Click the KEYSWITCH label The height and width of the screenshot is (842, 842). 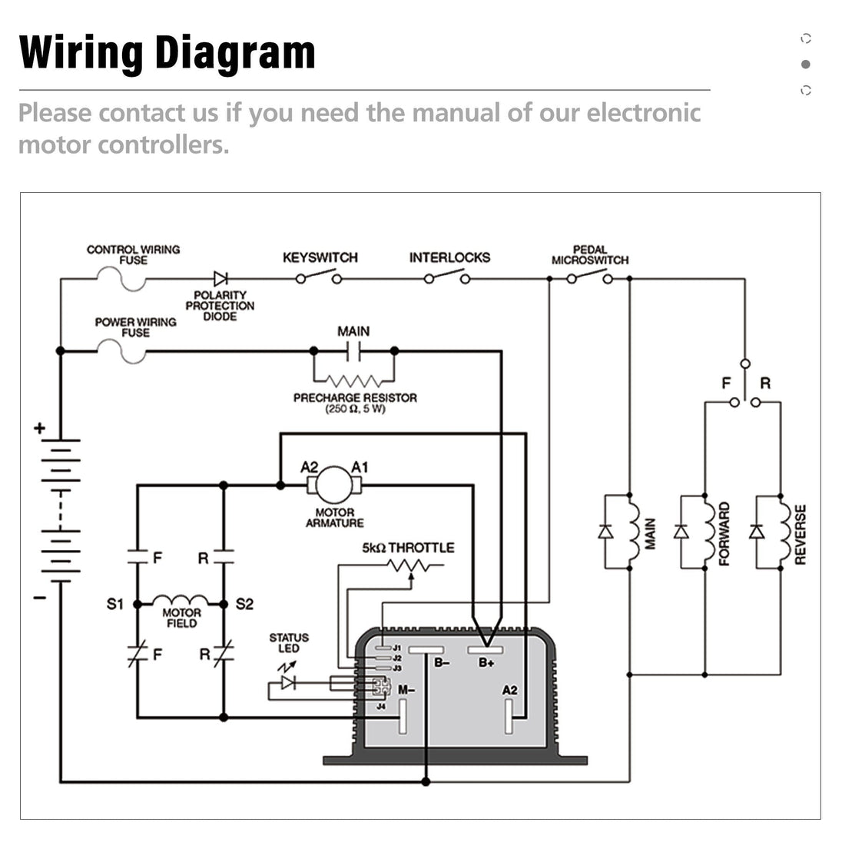320,257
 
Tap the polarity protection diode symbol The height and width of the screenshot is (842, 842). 221,278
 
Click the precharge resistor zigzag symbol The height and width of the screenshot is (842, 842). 353,380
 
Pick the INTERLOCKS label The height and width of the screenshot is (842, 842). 449,257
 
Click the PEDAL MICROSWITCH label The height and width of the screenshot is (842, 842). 589,255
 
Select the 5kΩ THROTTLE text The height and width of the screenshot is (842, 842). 408,548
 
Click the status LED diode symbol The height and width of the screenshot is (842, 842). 289,681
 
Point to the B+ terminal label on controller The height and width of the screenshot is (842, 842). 486,662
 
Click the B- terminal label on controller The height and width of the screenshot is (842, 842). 442,662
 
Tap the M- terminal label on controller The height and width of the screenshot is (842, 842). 406,689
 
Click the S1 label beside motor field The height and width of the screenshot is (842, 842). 115,605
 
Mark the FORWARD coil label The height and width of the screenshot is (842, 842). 724,535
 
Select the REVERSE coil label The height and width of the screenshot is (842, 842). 801,535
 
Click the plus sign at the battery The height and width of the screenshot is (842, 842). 40,429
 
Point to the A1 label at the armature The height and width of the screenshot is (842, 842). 360,466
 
